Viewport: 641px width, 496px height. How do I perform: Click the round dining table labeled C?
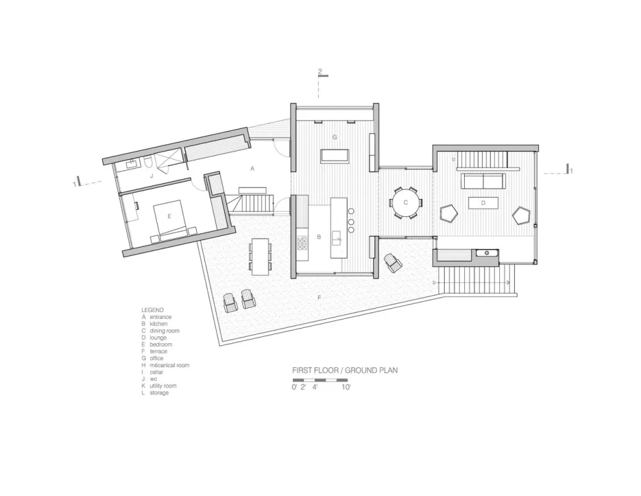(406, 203)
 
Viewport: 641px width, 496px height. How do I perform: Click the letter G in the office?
(334, 137)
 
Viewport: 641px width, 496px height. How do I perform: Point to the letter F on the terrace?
(318, 298)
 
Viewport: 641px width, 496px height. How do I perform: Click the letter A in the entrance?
(253, 168)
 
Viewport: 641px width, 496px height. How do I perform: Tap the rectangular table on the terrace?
(261, 256)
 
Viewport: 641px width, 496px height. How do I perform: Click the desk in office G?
(335, 156)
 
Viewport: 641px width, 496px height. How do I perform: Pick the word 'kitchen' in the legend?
(160, 324)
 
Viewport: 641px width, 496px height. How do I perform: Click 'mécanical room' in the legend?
(169, 365)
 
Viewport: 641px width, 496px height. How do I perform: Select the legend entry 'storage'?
(159, 393)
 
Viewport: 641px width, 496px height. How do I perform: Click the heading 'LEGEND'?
(153, 309)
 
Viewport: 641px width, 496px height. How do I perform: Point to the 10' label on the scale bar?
(345, 387)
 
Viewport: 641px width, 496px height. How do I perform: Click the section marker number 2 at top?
(320, 71)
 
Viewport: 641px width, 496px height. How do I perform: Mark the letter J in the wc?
(151, 174)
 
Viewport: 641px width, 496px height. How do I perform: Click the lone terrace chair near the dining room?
(392, 262)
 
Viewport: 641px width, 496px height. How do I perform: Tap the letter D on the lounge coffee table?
(483, 203)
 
